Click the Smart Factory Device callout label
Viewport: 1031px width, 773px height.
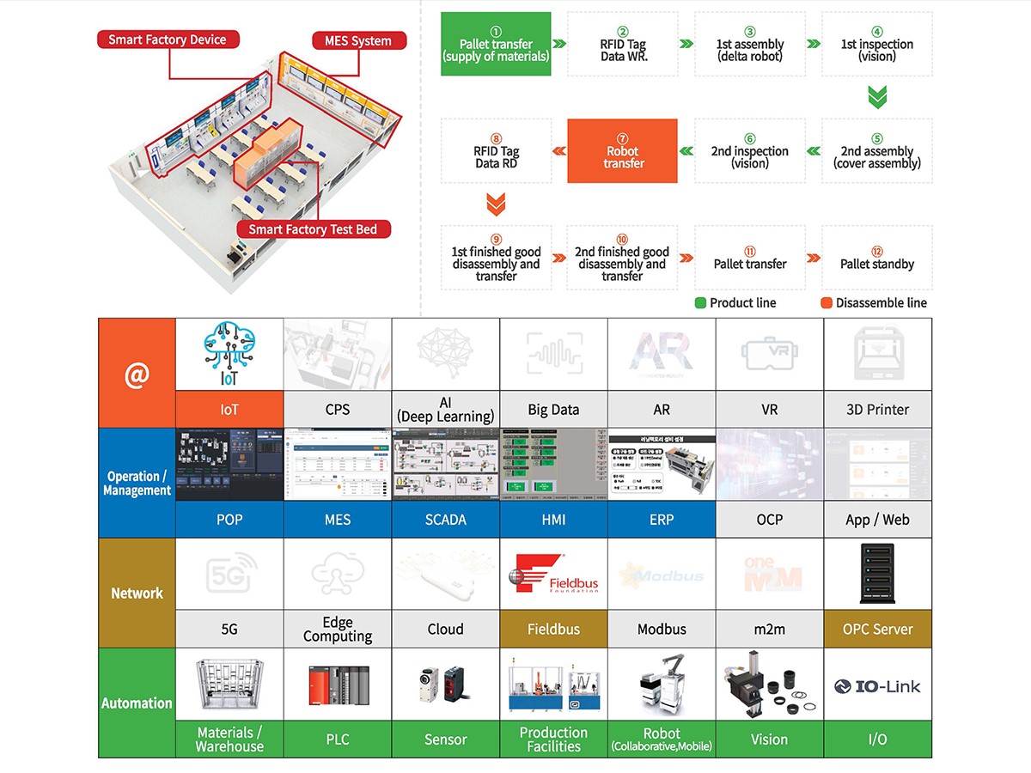point(168,40)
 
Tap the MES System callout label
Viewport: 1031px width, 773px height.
point(357,40)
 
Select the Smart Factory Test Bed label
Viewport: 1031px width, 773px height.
point(313,229)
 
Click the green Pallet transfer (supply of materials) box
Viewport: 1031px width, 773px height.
point(496,44)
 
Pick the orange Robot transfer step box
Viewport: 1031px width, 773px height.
point(623,151)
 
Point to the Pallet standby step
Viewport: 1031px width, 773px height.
point(876,257)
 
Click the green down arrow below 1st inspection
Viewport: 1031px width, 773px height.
point(876,96)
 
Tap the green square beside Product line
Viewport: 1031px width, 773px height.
point(700,302)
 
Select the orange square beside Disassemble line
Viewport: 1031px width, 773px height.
point(826,302)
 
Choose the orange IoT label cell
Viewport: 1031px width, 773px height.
point(229,410)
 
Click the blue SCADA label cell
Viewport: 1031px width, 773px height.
point(445,520)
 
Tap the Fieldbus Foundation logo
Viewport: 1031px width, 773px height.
point(553,575)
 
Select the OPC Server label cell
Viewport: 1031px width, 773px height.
point(877,630)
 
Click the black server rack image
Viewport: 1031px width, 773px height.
point(876,574)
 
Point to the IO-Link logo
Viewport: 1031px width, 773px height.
point(876,685)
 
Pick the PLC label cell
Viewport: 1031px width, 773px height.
point(338,740)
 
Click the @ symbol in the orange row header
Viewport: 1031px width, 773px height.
point(137,374)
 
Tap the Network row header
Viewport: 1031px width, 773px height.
point(137,593)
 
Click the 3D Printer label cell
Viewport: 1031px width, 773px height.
point(877,410)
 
